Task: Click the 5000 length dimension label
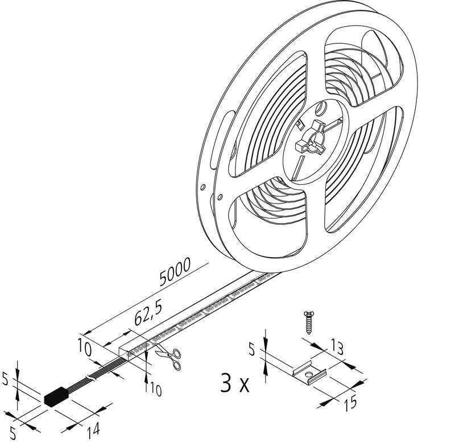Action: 176,271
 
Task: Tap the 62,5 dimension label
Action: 148,313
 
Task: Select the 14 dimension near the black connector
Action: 93,431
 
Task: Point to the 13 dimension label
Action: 337,348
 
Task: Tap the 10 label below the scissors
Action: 155,390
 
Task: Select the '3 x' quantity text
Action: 235,383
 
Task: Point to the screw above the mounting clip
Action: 308,323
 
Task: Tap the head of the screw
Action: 308,314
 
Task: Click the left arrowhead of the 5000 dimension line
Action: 87,333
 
